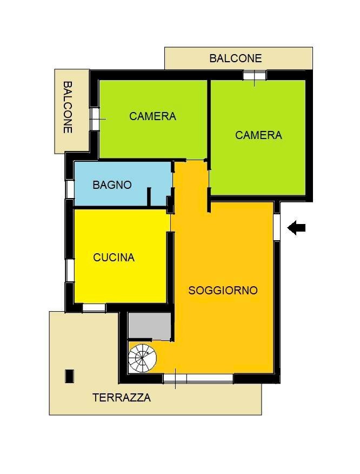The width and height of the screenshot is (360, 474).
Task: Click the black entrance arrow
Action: [x=296, y=228]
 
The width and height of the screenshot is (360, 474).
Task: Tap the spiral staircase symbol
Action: [x=142, y=358]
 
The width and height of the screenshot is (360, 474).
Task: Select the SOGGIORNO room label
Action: [x=223, y=291]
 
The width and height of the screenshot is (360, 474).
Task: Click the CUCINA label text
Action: [x=114, y=258]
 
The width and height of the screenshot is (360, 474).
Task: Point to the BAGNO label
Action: [x=112, y=185]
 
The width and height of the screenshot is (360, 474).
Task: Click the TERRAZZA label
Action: [x=121, y=398]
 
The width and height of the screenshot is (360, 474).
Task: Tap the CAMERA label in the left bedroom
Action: [x=152, y=116]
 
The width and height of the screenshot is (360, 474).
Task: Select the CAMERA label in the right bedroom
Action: [x=258, y=135]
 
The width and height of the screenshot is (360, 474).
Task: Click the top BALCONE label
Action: [x=235, y=58]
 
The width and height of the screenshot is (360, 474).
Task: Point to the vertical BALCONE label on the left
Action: [x=68, y=107]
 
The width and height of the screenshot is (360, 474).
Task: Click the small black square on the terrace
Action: [x=69, y=376]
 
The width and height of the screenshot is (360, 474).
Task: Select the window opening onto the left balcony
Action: [x=95, y=119]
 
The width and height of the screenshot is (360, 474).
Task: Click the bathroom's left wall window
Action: [x=70, y=188]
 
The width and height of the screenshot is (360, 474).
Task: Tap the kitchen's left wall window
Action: [x=70, y=269]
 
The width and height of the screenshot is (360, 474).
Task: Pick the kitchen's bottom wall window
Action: [x=94, y=307]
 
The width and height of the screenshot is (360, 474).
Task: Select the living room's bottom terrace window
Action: [x=198, y=379]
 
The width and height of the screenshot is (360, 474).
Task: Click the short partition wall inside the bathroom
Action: [x=148, y=196]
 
